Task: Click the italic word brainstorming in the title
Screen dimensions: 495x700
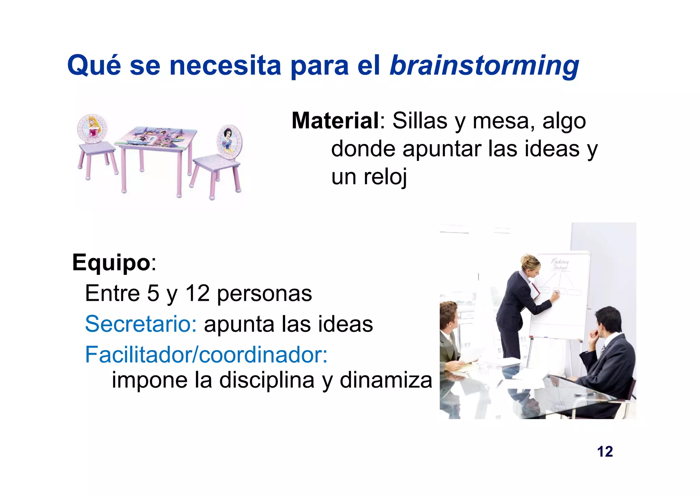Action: pos(484,66)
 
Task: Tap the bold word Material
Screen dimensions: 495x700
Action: pos(335,121)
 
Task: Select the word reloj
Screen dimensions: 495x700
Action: pos(385,177)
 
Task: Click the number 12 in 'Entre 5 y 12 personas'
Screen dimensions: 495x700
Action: pos(197,293)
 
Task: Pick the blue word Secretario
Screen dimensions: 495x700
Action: pos(140,324)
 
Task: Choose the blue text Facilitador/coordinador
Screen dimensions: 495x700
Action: pos(206,354)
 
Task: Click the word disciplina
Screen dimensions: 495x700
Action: pos(267,380)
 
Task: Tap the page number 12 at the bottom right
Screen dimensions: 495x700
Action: pos(605,452)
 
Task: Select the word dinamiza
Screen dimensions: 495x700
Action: pos(386,380)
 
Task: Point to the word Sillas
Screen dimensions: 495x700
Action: pos(420,121)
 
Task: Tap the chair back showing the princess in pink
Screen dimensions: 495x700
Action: pos(92,128)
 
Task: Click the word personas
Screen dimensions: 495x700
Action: pos(264,293)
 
